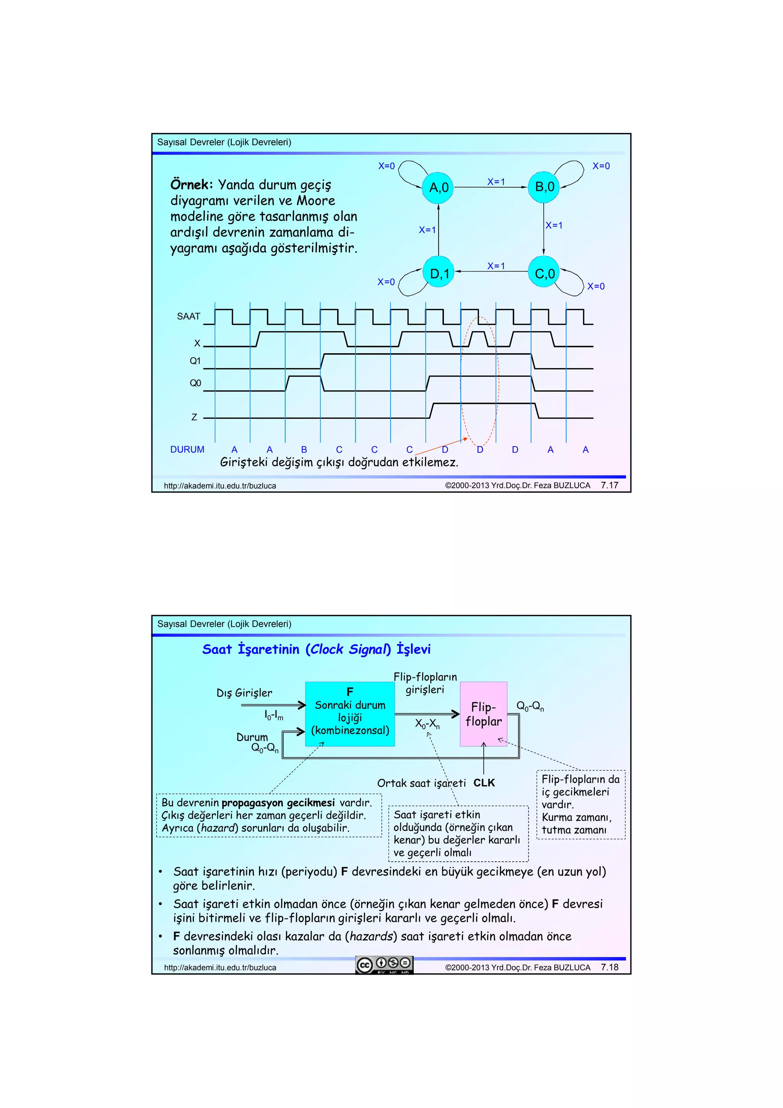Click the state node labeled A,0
(x=438, y=187)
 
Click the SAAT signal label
(x=188, y=317)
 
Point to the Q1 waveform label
(x=195, y=361)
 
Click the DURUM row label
(x=187, y=450)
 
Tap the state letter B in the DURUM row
(x=304, y=450)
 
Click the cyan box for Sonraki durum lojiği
(x=350, y=714)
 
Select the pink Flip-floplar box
(x=483, y=714)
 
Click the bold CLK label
(x=484, y=783)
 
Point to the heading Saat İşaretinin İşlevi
(x=316, y=649)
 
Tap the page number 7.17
(x=609, y=485)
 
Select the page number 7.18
(x=609, y=967)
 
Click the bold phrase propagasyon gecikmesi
(x=278, y=803)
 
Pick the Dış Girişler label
(x=244, y=693)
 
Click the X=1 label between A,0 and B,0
(x=496, y=182)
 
